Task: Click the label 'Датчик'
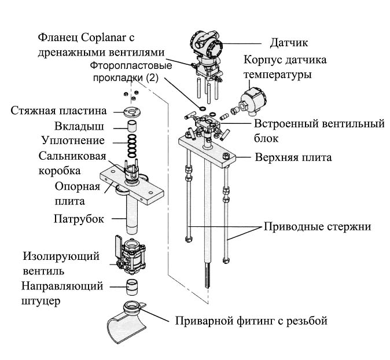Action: pyautogui.click(x=289, y=43)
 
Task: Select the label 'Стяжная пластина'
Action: pyautogui.click(x=58, y=111)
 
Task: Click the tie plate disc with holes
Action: pyautogui.click(x=132, y=112)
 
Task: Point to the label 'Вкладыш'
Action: pyautogui.click(x=79, y=126)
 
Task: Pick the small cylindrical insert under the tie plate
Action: pyautogui.click(x=132, y=126)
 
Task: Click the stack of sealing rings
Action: pyautogui.click(x=132, y=146)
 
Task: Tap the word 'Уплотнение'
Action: pyautogui.click(x=73, y=140)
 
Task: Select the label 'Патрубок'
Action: pyautogui.click(x=79, y=219)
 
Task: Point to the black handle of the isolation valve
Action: pyautogui.click(x=119, y=248)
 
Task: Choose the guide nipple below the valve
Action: pyautogui.click(x=132, y=287)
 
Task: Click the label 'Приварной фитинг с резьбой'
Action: pyautogui.click(x=251, y=321)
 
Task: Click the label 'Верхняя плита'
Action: pyautogui.click(x=293, y=157)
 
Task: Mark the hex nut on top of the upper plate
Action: pyautogui.click(x=226, y=156)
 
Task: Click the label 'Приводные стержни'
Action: pyautogui.click(x=317, y=227)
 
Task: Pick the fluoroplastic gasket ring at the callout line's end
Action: pyautogui.click(x=203, y=108)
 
